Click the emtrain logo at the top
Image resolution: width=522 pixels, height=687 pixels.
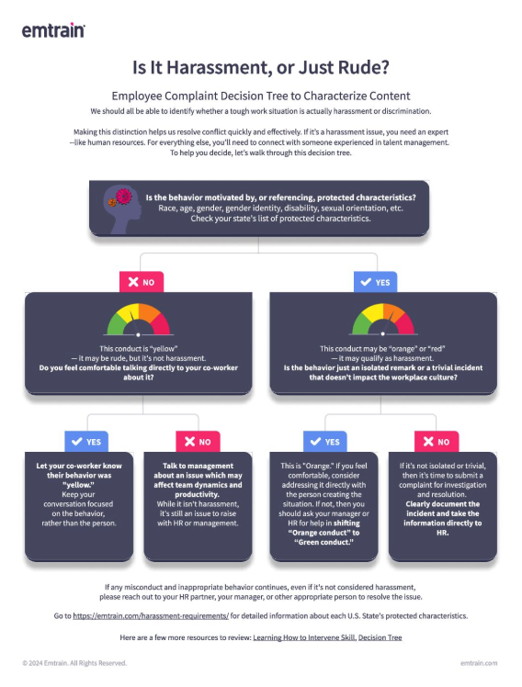(x=53, y=30)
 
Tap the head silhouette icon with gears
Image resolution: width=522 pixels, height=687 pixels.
(x=122, y=209)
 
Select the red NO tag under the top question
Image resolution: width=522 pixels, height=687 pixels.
(x=142, y=282)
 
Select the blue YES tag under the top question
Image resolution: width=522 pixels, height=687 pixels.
(x=376, y=282)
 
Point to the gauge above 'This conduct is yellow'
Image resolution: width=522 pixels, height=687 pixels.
(x=138, y=320)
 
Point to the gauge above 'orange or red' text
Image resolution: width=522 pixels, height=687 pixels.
(x=382, y=320)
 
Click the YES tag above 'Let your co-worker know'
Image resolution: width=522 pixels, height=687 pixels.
(x=86, y=442)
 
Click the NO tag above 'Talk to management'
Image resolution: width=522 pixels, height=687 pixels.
(x=198, y=442)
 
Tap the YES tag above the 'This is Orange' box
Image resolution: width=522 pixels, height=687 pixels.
(x=324, y=442)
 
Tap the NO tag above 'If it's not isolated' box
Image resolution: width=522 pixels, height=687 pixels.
(x=437, y=442)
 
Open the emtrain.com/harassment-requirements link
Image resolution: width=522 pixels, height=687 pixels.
(x=151, y=616)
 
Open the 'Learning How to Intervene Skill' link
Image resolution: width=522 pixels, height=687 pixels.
(x=304, y=637)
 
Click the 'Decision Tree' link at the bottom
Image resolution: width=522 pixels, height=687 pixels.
(x=380, y=637)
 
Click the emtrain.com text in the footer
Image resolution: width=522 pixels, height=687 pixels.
(x=479, y=663)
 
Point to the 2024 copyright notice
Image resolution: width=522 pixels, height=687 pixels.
(x=74, y=663)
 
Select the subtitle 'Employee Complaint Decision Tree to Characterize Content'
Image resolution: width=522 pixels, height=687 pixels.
(x=261, y=96)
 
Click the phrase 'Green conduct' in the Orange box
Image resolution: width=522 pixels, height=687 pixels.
(x=323, y=543)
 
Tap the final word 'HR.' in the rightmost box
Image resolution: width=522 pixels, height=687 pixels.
(x=443, y=533)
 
